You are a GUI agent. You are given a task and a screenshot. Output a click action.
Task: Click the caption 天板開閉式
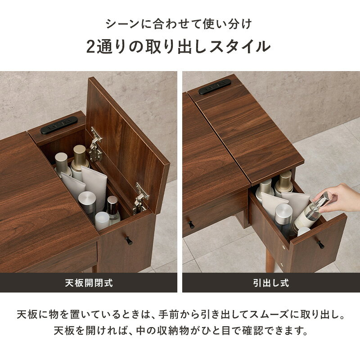[x=89, y=283]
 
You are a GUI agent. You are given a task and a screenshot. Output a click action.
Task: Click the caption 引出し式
[x=271, y=283]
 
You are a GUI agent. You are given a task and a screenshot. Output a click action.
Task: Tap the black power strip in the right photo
[x=215, y=86]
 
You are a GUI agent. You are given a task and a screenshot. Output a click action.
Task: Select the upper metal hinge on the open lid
[x=95, y=144]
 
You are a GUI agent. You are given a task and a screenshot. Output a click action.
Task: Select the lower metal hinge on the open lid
[x=140, y=198]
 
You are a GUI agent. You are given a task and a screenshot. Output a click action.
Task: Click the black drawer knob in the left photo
[x=129, y=240]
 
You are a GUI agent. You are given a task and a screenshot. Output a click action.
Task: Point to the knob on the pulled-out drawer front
[x=320, y=244]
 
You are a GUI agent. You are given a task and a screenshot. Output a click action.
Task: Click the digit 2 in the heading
[x=91, y=47]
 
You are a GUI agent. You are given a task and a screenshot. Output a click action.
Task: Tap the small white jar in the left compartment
[x=102, y=221]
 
